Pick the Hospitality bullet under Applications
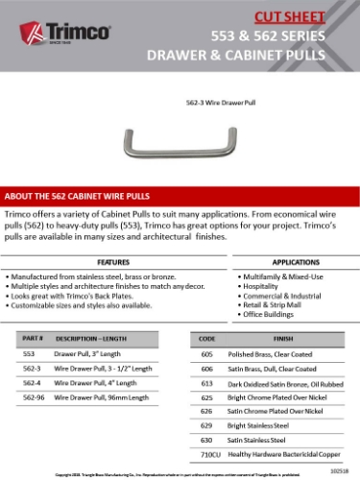coord(263,286)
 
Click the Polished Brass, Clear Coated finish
coord(276,353)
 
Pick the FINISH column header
coord(282,339)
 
